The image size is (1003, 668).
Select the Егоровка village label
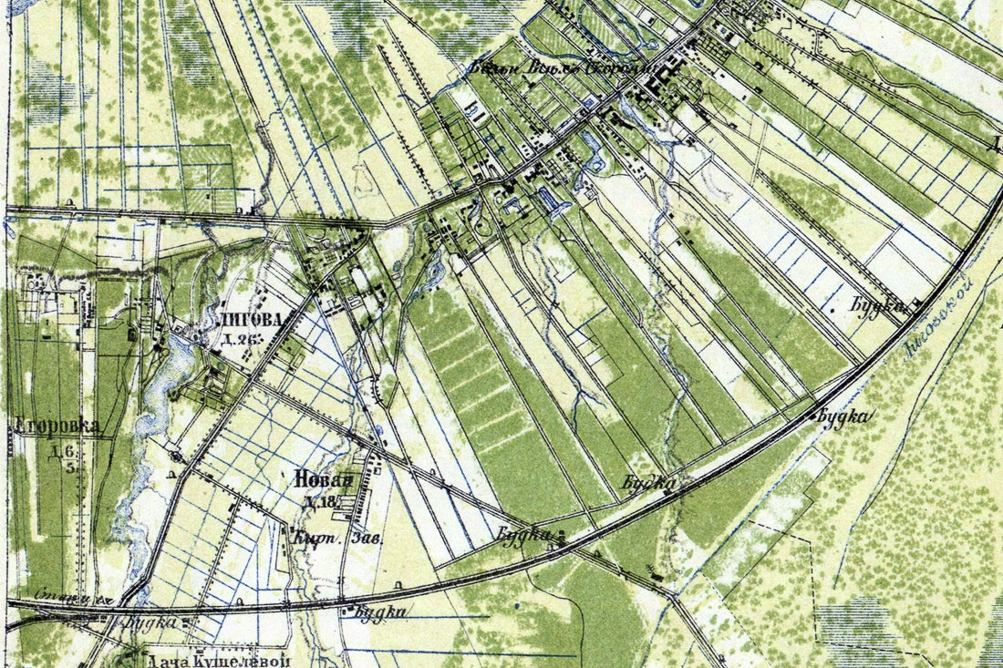[x=57, y=426]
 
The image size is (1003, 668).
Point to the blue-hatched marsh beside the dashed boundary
[x=857, y=629]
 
